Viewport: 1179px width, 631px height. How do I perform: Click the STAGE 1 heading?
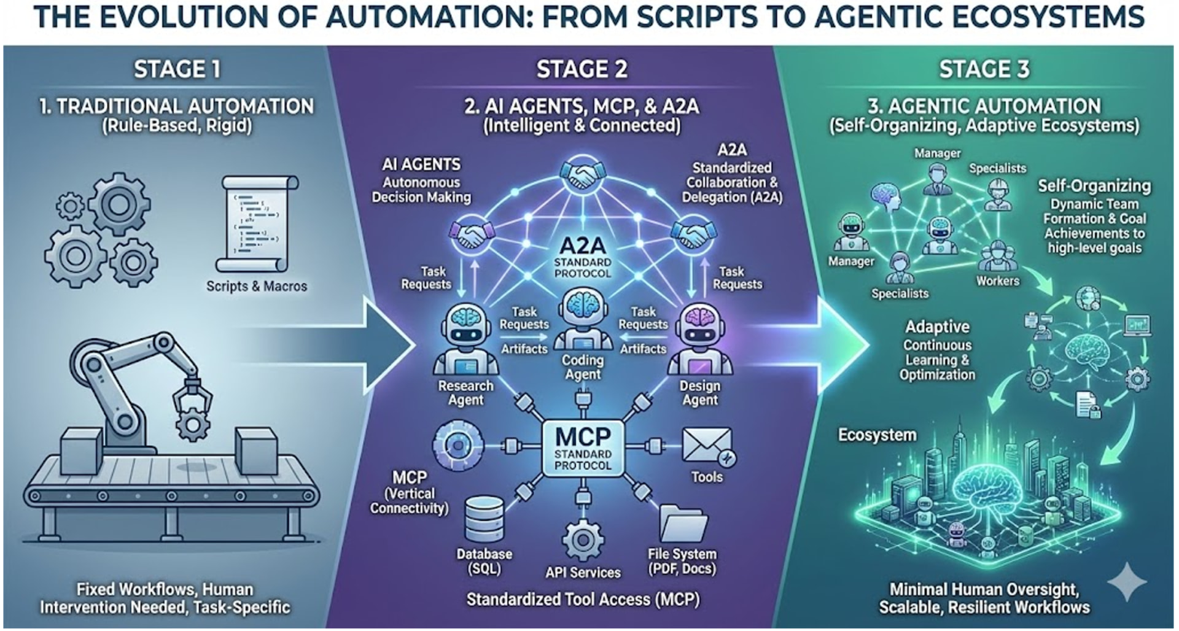(177, 69)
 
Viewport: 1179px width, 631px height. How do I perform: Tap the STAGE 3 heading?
(984, 69)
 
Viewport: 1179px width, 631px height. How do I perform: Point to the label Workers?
(997, 281)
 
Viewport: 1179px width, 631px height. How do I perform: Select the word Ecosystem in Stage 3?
(877, 435)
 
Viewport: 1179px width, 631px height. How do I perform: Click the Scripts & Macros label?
(256, 286)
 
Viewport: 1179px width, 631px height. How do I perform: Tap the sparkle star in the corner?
(1127, 581)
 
